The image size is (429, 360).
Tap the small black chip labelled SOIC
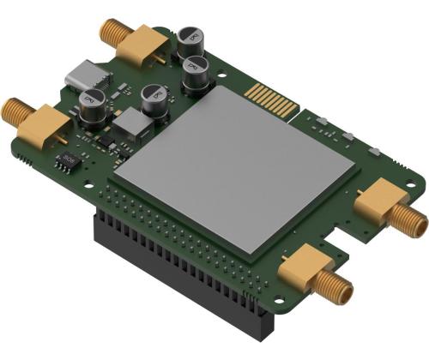coord(68,160)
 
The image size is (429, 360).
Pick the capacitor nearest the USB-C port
coord(92,107)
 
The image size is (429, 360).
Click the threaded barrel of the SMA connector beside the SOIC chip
coord(15,111)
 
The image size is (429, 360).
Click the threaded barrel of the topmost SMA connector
coord(112,33)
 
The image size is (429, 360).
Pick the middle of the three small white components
coord(348,136)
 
